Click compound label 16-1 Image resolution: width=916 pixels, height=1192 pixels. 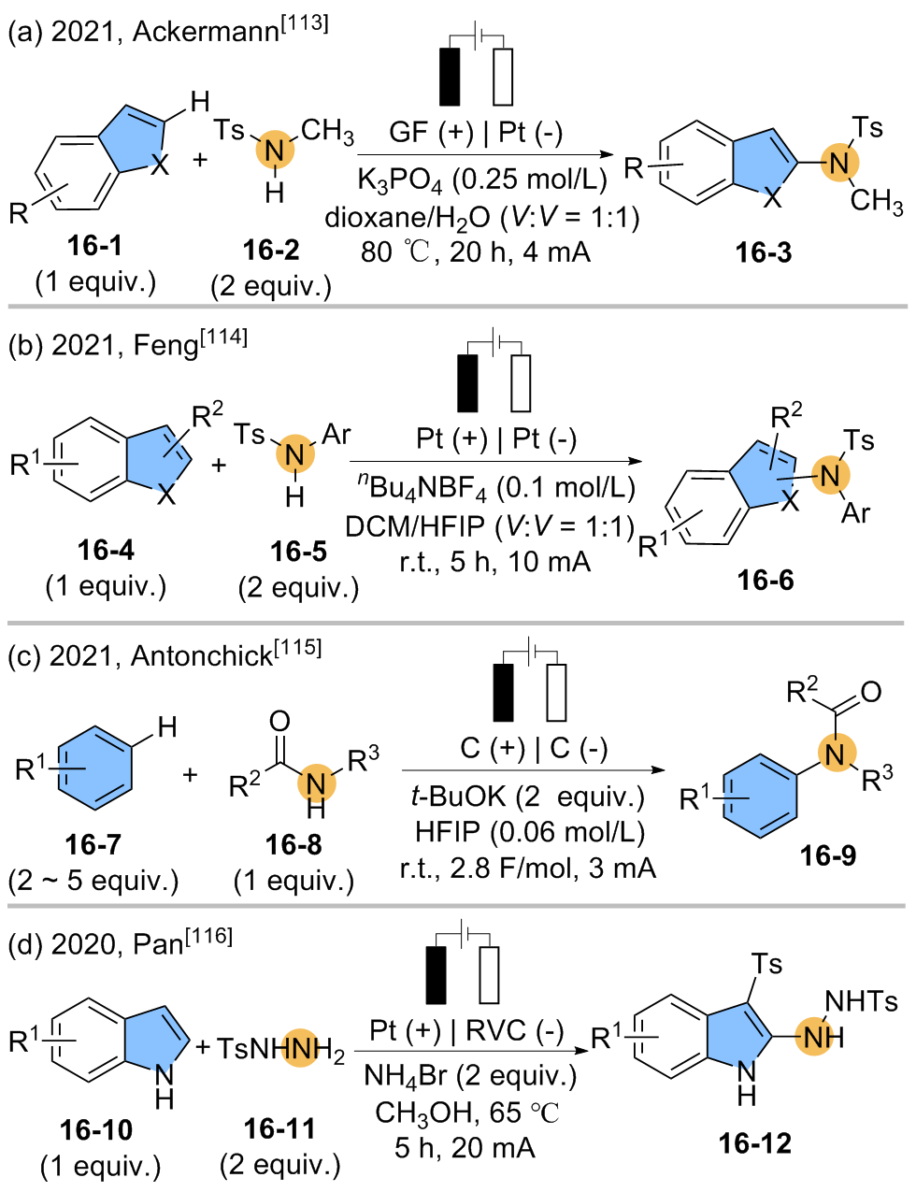[94, 246]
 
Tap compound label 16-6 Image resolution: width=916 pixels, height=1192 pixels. [765, 580]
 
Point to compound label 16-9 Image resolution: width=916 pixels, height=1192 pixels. [827, 855]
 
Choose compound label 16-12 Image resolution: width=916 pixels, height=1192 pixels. [754, 1142]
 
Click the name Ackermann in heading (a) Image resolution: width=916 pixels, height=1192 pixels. [206, 32]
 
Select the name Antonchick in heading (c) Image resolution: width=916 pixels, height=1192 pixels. [202, 656]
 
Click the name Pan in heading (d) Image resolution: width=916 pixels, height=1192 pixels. [159, 943]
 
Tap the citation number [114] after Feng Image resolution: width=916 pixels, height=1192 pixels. [223, 337]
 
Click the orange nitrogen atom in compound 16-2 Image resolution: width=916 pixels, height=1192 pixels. [274, 150]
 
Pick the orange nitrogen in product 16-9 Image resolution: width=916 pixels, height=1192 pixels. [836, 754]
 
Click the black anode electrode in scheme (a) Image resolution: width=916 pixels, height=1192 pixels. [451, 76]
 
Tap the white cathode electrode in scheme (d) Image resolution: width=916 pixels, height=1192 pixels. [488, 975]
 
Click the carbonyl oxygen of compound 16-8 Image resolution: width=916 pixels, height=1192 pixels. [279, 720]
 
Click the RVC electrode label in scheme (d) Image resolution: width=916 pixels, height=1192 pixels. [496, 1030]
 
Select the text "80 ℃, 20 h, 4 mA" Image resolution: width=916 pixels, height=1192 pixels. [476, 251]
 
